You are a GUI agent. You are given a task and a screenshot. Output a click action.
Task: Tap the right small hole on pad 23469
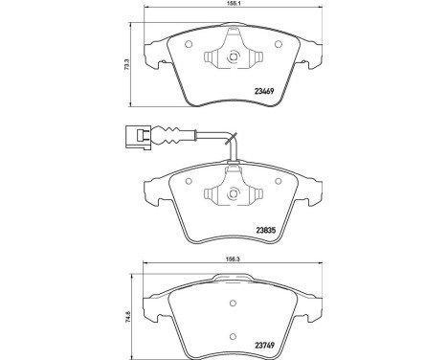[278, 45]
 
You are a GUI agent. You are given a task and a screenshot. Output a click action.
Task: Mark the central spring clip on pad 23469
[234, 55]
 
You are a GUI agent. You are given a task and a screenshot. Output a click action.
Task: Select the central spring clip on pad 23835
[234, 193]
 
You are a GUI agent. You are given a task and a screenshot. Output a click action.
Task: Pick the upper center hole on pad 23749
[234, 304]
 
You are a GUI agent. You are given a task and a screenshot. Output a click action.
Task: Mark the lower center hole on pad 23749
[234, 335]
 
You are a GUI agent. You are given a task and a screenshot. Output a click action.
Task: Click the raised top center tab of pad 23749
[234, 280]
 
